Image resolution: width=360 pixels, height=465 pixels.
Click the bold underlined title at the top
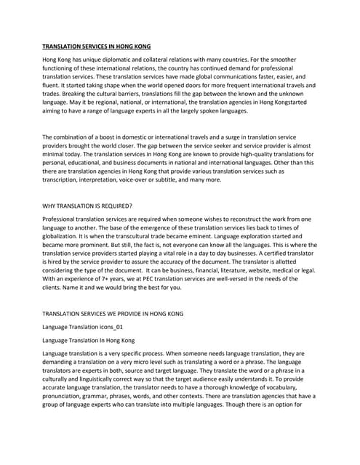click(x=96, y=46)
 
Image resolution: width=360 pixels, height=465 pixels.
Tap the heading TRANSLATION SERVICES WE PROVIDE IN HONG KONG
click(x=113, y=314)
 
